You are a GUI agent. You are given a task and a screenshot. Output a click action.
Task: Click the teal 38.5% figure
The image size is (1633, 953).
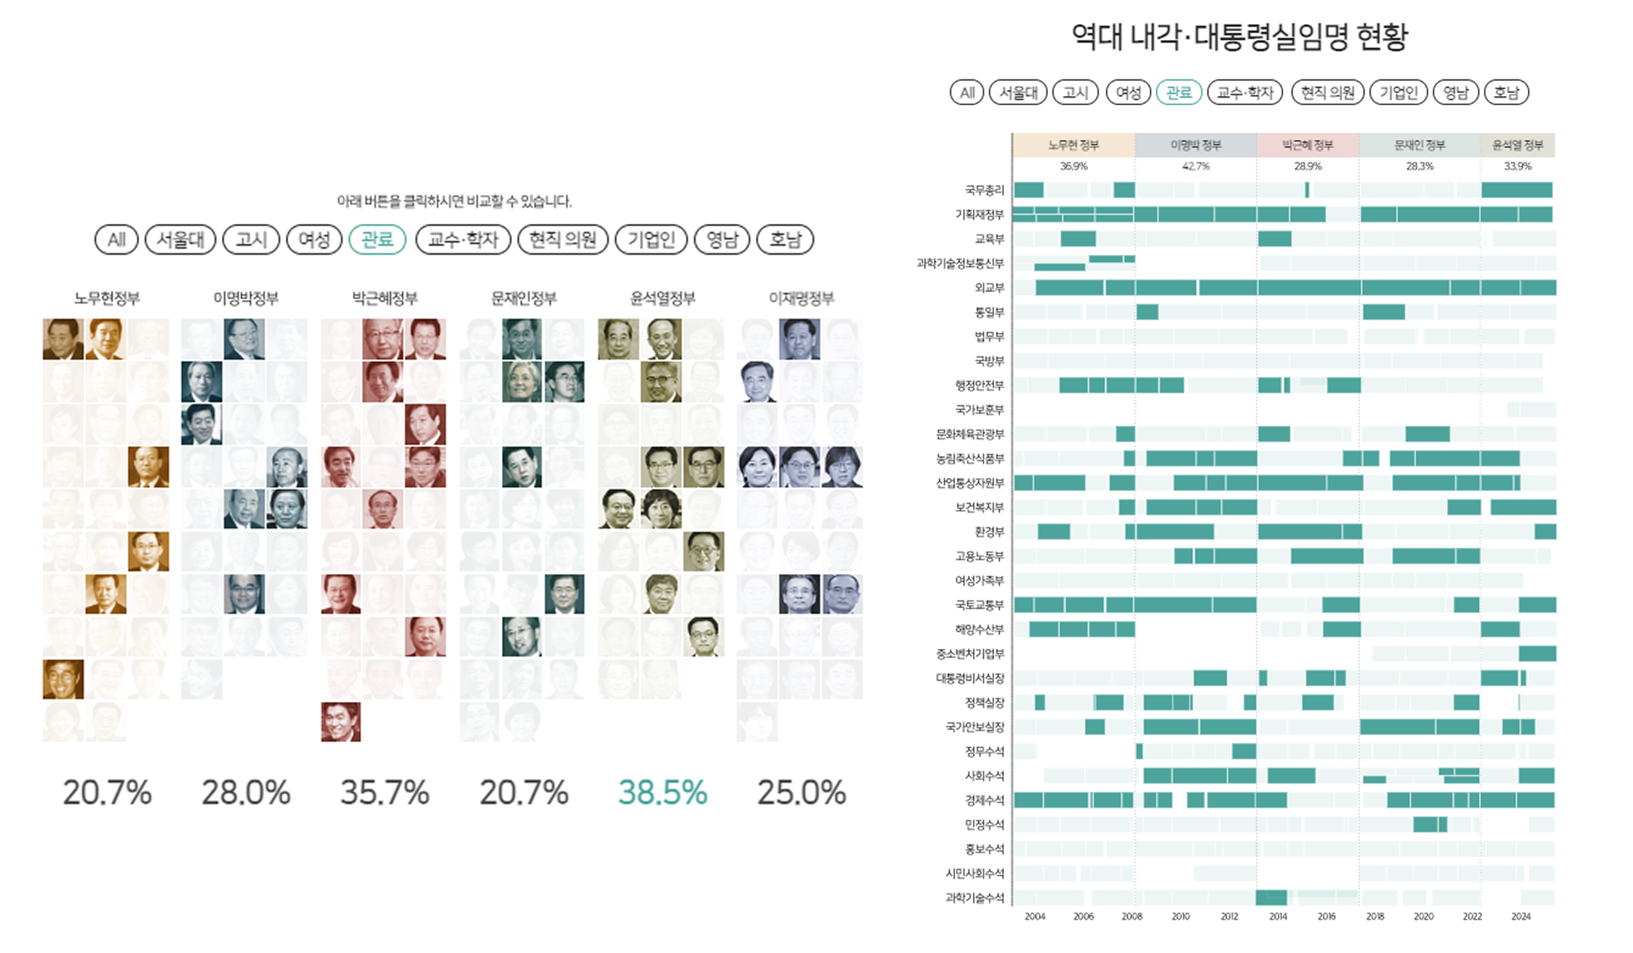click(x=662, y=793)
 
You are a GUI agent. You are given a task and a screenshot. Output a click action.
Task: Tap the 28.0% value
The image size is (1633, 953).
click(x=246, y=793)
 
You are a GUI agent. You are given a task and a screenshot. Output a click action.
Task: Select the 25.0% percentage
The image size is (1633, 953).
click(x=801, y=793)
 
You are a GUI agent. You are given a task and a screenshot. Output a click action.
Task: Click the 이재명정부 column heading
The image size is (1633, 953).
click(x=801, y=299)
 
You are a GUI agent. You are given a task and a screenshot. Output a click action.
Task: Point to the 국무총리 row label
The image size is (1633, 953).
click(x=984, y=191)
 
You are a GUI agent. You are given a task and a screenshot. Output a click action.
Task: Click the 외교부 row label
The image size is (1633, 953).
click(x=990, y=288)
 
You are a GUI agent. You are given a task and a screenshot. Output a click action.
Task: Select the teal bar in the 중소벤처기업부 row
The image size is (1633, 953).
click(x=1537, y=653)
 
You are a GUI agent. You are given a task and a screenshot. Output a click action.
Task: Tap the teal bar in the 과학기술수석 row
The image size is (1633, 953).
click(x=1271, y=898)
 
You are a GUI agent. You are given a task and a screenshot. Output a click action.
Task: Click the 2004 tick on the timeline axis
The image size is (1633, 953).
click(x=1035, y=917)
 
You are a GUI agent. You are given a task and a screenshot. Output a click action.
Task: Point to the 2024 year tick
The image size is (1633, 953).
click(x=1520, y=917)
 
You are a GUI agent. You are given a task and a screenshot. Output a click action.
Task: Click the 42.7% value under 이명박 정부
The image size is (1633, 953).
click(x=1195, y=166)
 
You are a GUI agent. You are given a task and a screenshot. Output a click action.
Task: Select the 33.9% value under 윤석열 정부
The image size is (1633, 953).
click(x=1517, y=166)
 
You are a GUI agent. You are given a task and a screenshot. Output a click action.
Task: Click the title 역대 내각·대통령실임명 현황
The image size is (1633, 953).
click(x=1240, y=36)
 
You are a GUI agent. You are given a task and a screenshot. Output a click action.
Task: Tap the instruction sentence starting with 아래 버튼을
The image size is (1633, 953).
click(x=454, y=201)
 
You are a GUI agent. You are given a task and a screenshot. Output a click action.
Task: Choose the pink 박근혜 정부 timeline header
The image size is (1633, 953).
click(x=1307, y=145)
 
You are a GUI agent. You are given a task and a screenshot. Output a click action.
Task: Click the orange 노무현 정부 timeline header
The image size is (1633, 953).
click(x=1073, y=145)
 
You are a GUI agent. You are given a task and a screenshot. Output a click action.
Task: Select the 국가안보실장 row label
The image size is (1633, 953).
click(x=975, y=727)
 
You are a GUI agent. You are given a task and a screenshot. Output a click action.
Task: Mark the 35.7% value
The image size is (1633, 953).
click(x=385, y=793)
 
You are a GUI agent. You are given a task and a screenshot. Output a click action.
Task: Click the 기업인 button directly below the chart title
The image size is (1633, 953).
click(x=1398, y=92)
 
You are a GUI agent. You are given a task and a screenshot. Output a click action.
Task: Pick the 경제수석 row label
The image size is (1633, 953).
click(x=984, y=800)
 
